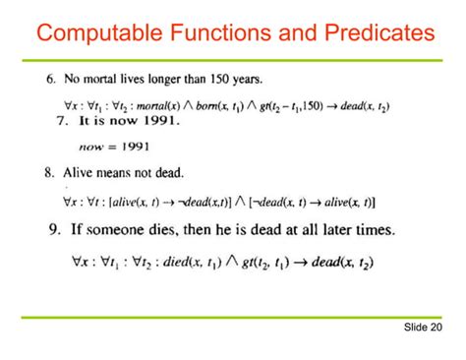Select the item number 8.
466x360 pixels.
pyautogui.click(x=48, y=174)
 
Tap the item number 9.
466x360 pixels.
pyautogui.click(x=55, y=230)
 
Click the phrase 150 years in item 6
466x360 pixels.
pyautogui.click(x=238, y=78)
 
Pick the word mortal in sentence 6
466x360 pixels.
pyautogui.click(x=105, y=78)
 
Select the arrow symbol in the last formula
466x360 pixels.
pyautogui.click(x=288, y=262)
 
